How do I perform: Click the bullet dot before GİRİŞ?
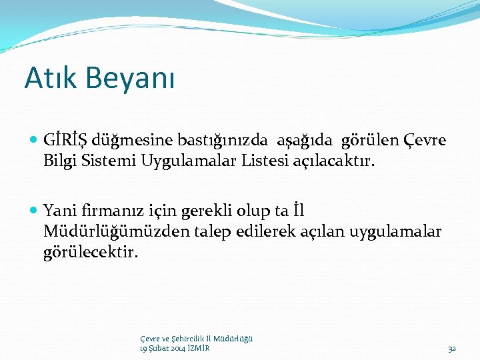(35, 141)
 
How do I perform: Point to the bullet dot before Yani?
(35, 211)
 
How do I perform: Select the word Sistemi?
(109, 161)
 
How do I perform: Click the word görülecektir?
(90, 252)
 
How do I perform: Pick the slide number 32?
(451, 349)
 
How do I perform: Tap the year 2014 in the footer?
(177, 349)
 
